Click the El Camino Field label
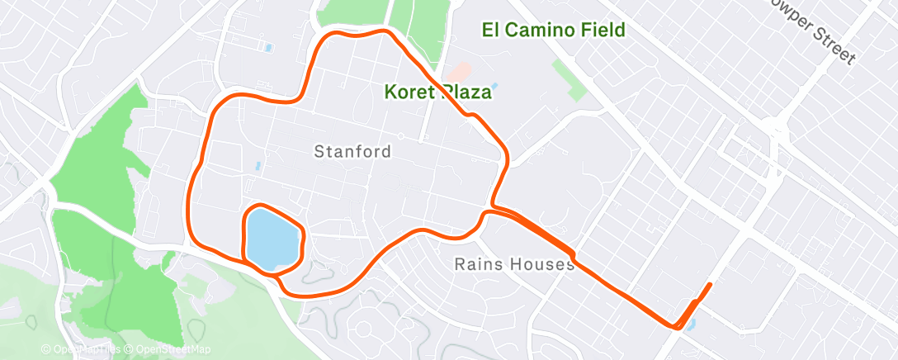(553, 31)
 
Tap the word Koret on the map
(411, 92)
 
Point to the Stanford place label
(352, 152)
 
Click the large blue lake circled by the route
(272, 237)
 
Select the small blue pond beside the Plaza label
(494, 86)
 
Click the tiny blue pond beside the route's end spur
(690, 324)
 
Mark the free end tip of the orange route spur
(710, 284)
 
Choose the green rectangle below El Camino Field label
(569, 79)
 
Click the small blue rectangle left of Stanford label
(258, 166)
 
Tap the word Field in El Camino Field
(598, 31)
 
